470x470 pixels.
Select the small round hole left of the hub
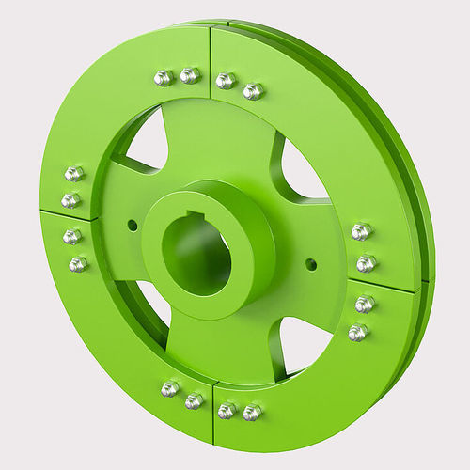(132, 225)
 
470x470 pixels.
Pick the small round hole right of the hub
(311, 264)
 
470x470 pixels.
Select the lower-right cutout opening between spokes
(305, 344)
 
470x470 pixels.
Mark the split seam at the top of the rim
(210, 56)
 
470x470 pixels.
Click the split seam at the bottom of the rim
(212, 414)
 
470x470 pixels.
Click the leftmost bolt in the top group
(164, 77)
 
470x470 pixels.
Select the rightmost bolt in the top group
(253, 91)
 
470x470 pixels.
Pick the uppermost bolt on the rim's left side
(74, 174)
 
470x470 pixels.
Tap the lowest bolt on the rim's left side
(78, 264)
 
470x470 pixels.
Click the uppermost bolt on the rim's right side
(361, 231)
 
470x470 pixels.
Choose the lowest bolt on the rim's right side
(358, 332)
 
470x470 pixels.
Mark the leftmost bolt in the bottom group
(170, 388)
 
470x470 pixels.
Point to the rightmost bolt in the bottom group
(252, 413)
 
